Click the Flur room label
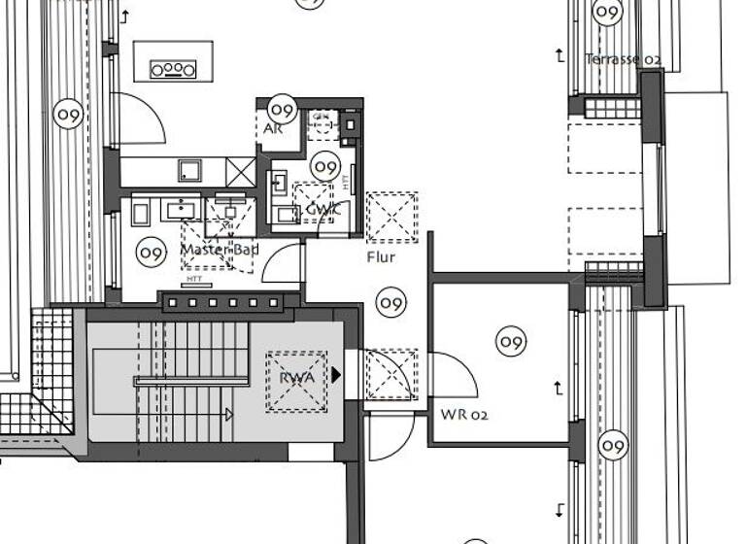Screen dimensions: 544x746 pyautogui.click(x=382, y=258)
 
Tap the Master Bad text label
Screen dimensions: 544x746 pyautogui.click(x=220, y=250)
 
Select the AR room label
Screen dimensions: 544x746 pyautogui.click(x=273, y=128)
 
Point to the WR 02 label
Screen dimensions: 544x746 pyautogui.click(x=464, y=414)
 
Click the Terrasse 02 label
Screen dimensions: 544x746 pyautogui.click(x=623, y=59)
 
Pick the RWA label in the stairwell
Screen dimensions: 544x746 pyautogui.click(x=296, y=379)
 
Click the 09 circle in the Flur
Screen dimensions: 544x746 pyautogui.click(x=390, y=303)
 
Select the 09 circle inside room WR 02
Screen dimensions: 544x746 pyautogui.click(x=511, y=341)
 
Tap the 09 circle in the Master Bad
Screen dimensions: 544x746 pyautogui.click(x=151, y=254)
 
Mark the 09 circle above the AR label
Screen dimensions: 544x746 pyautogui.click(x=282, y=108)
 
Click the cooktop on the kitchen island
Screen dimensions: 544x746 pyautogui.click(x=173, y=69)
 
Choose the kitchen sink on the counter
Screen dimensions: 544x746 pyautogui.click(x=188, y=171)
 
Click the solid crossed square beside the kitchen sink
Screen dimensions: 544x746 pyautogui.click(x=240, y=171)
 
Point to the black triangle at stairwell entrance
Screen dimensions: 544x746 pyautogui.click(x=336, y=374)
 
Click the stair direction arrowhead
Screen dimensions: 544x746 pyautogui.click(x=229, y=415)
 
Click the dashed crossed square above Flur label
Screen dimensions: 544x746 pyautogui.click(x=392, y=217)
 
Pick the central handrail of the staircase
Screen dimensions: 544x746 pyautogui.click(x=189, y=381)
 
